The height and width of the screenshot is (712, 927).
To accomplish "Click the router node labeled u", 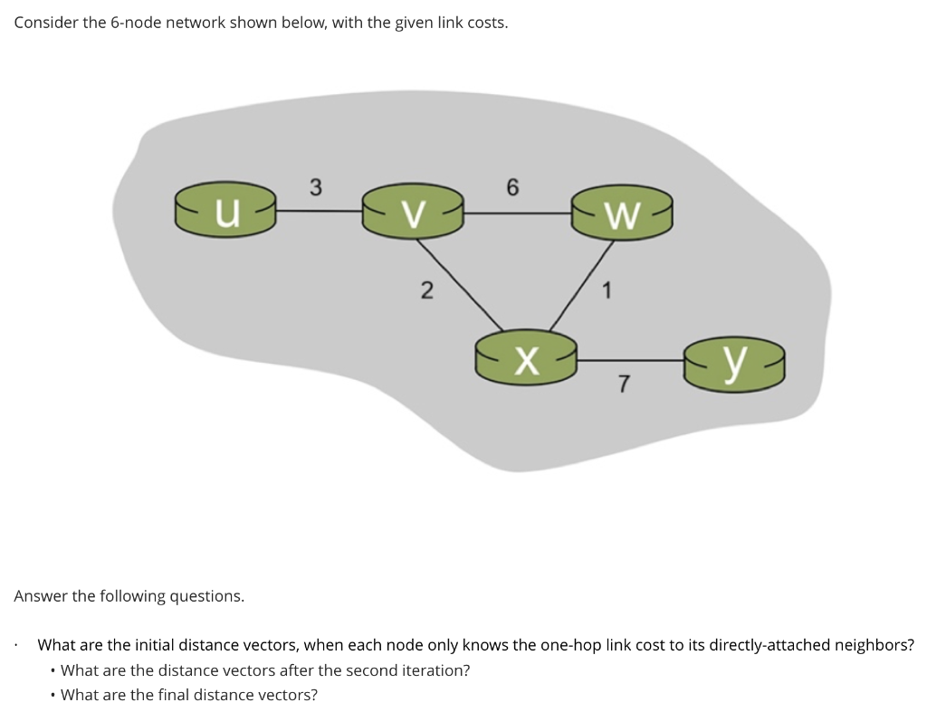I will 226,213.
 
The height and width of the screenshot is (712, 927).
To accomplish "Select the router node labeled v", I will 413,213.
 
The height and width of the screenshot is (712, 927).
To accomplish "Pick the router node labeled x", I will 526,359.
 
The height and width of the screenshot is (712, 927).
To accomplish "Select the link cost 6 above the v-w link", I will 513,187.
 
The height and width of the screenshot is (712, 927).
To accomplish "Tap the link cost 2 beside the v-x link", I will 426,291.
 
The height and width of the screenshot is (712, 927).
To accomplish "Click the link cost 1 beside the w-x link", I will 607,291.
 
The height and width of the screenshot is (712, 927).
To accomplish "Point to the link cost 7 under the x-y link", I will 624,386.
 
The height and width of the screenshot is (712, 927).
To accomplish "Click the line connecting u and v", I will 318,212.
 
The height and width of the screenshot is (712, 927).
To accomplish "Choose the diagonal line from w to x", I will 579,286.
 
